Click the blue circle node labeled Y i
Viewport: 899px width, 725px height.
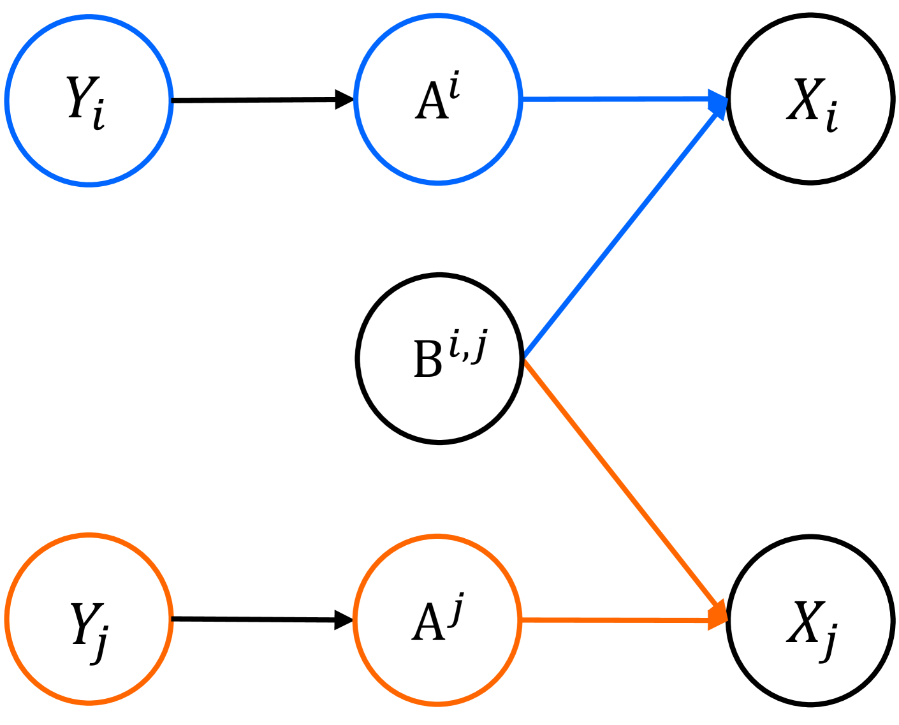tap(89, 100)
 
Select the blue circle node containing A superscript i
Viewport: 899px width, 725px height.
tap(438, 99)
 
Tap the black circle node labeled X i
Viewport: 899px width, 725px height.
tap(810, 99)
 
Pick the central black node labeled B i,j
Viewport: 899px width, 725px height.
tap(439, 358)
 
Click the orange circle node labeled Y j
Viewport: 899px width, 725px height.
tap(89, 619)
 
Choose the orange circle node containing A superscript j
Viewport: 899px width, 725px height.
tap(437, 620)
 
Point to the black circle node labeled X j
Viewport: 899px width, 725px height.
tap(810, 620)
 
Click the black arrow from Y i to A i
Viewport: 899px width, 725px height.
tap(255, 100)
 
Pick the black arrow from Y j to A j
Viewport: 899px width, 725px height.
tap(255, 619)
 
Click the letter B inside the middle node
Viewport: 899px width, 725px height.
tap(427, 360)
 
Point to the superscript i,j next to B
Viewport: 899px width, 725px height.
tap(468, 346)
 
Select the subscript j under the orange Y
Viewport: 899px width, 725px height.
tap(99, 645)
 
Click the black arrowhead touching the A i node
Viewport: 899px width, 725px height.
tap(344, 100)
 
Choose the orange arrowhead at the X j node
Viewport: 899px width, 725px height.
tap(719, 615)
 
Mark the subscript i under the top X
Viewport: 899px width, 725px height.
tap(831, 119)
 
